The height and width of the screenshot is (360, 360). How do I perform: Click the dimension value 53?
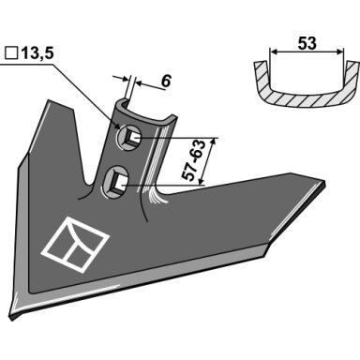click(x=307, y=43)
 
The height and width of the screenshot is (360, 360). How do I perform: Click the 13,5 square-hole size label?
click(x=37, y=53)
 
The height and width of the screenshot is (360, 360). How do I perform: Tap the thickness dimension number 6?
click(x=166, y=82)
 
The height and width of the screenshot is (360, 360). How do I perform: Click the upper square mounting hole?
click(x=129, y=137)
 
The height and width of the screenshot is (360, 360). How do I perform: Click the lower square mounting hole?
click(x=115, y=182)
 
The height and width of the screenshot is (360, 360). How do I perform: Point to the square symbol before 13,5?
click(x=11, y=53)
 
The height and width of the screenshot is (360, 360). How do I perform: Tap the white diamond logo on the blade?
click(x=76, y=245)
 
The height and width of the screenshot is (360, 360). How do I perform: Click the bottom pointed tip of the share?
click(x=12, y=318)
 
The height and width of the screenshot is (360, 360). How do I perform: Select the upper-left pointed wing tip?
click(x=49, y=101)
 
